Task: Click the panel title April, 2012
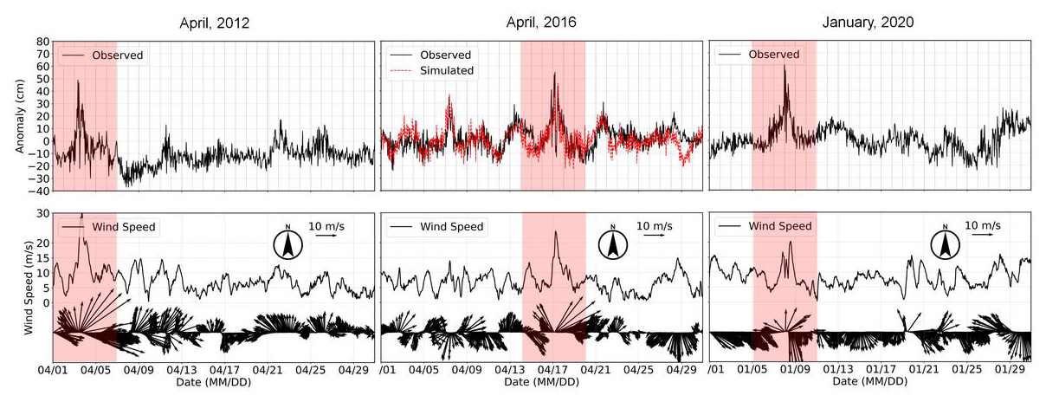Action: pyautogui.click(x=214, y=23)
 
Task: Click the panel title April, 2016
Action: pyautogui.click(x=543, y=23)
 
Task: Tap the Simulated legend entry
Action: pyautogui.click(x=447, y=71)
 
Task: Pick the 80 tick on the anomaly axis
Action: pyautogui.click(x=42, y=42)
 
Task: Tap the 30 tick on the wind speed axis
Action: pyautogui.click(x=42, y=214)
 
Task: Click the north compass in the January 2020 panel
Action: pyautogui.click(x=945, y=244)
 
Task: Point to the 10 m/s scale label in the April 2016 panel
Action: pyautogui.click(x=654, y=226)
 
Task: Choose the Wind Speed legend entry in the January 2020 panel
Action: pyautogui.click(x=780, y=227)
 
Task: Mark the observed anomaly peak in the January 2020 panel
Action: pyautogui.click(x=785, y=66)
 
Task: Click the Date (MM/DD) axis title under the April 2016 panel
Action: pyautogui.click(x=543, y=381)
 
